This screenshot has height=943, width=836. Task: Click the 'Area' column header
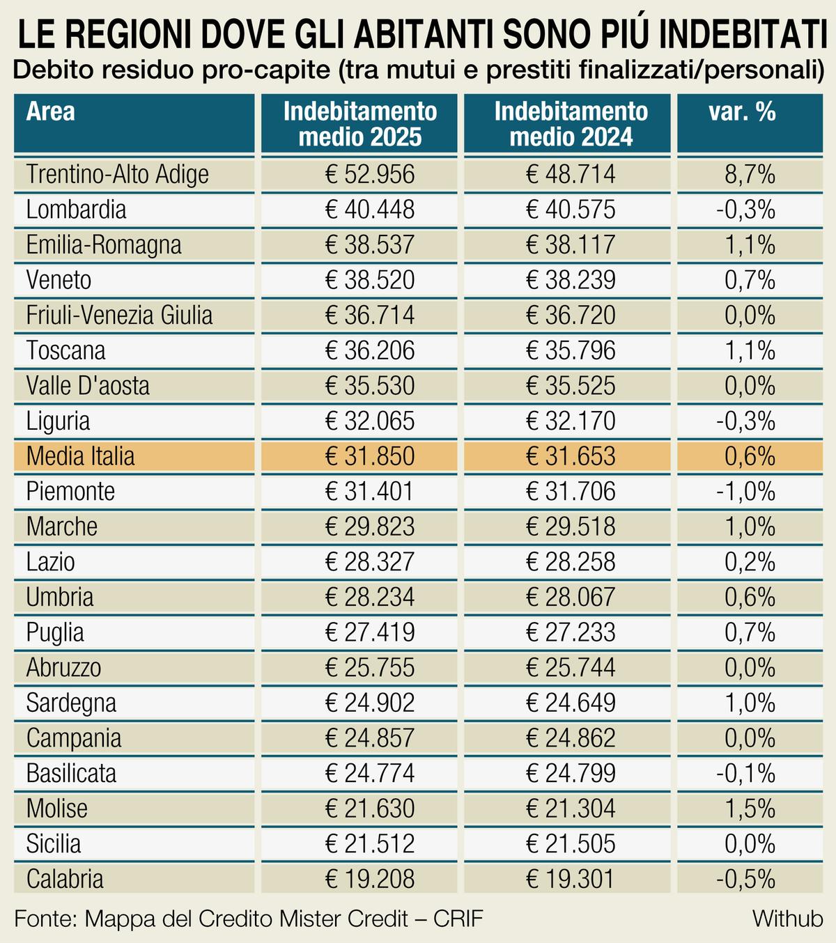(x=51, y=112)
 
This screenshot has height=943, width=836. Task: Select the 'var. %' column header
(x=742, y=112)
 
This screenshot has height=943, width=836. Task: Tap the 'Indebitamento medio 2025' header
(x=359, y=124)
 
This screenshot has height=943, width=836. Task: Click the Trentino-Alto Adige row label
(x=118, y=174)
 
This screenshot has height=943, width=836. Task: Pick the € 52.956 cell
(x=370, y=174)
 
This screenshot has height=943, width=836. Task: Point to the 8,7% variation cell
(x=750, y=174)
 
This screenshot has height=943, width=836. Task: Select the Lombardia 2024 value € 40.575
(x=571, y=210)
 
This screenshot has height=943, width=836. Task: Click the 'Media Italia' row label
(x=81, y=456)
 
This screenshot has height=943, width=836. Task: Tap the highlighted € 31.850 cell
(x=370, y=456)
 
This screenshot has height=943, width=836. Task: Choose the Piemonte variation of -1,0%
(x=745, y=492)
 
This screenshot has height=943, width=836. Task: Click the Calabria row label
(x=65, y=879)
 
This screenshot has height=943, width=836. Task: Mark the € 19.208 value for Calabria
(x=370, y=879)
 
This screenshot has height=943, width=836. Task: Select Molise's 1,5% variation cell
(x=750, y=809)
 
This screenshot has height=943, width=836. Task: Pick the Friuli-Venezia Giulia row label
(x=119, y=315)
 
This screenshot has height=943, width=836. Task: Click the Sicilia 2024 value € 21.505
(x=571, y=844)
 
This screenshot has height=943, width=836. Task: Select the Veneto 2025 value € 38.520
(x=370, y=280)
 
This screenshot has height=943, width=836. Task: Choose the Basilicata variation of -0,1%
(x=745, y=773)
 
